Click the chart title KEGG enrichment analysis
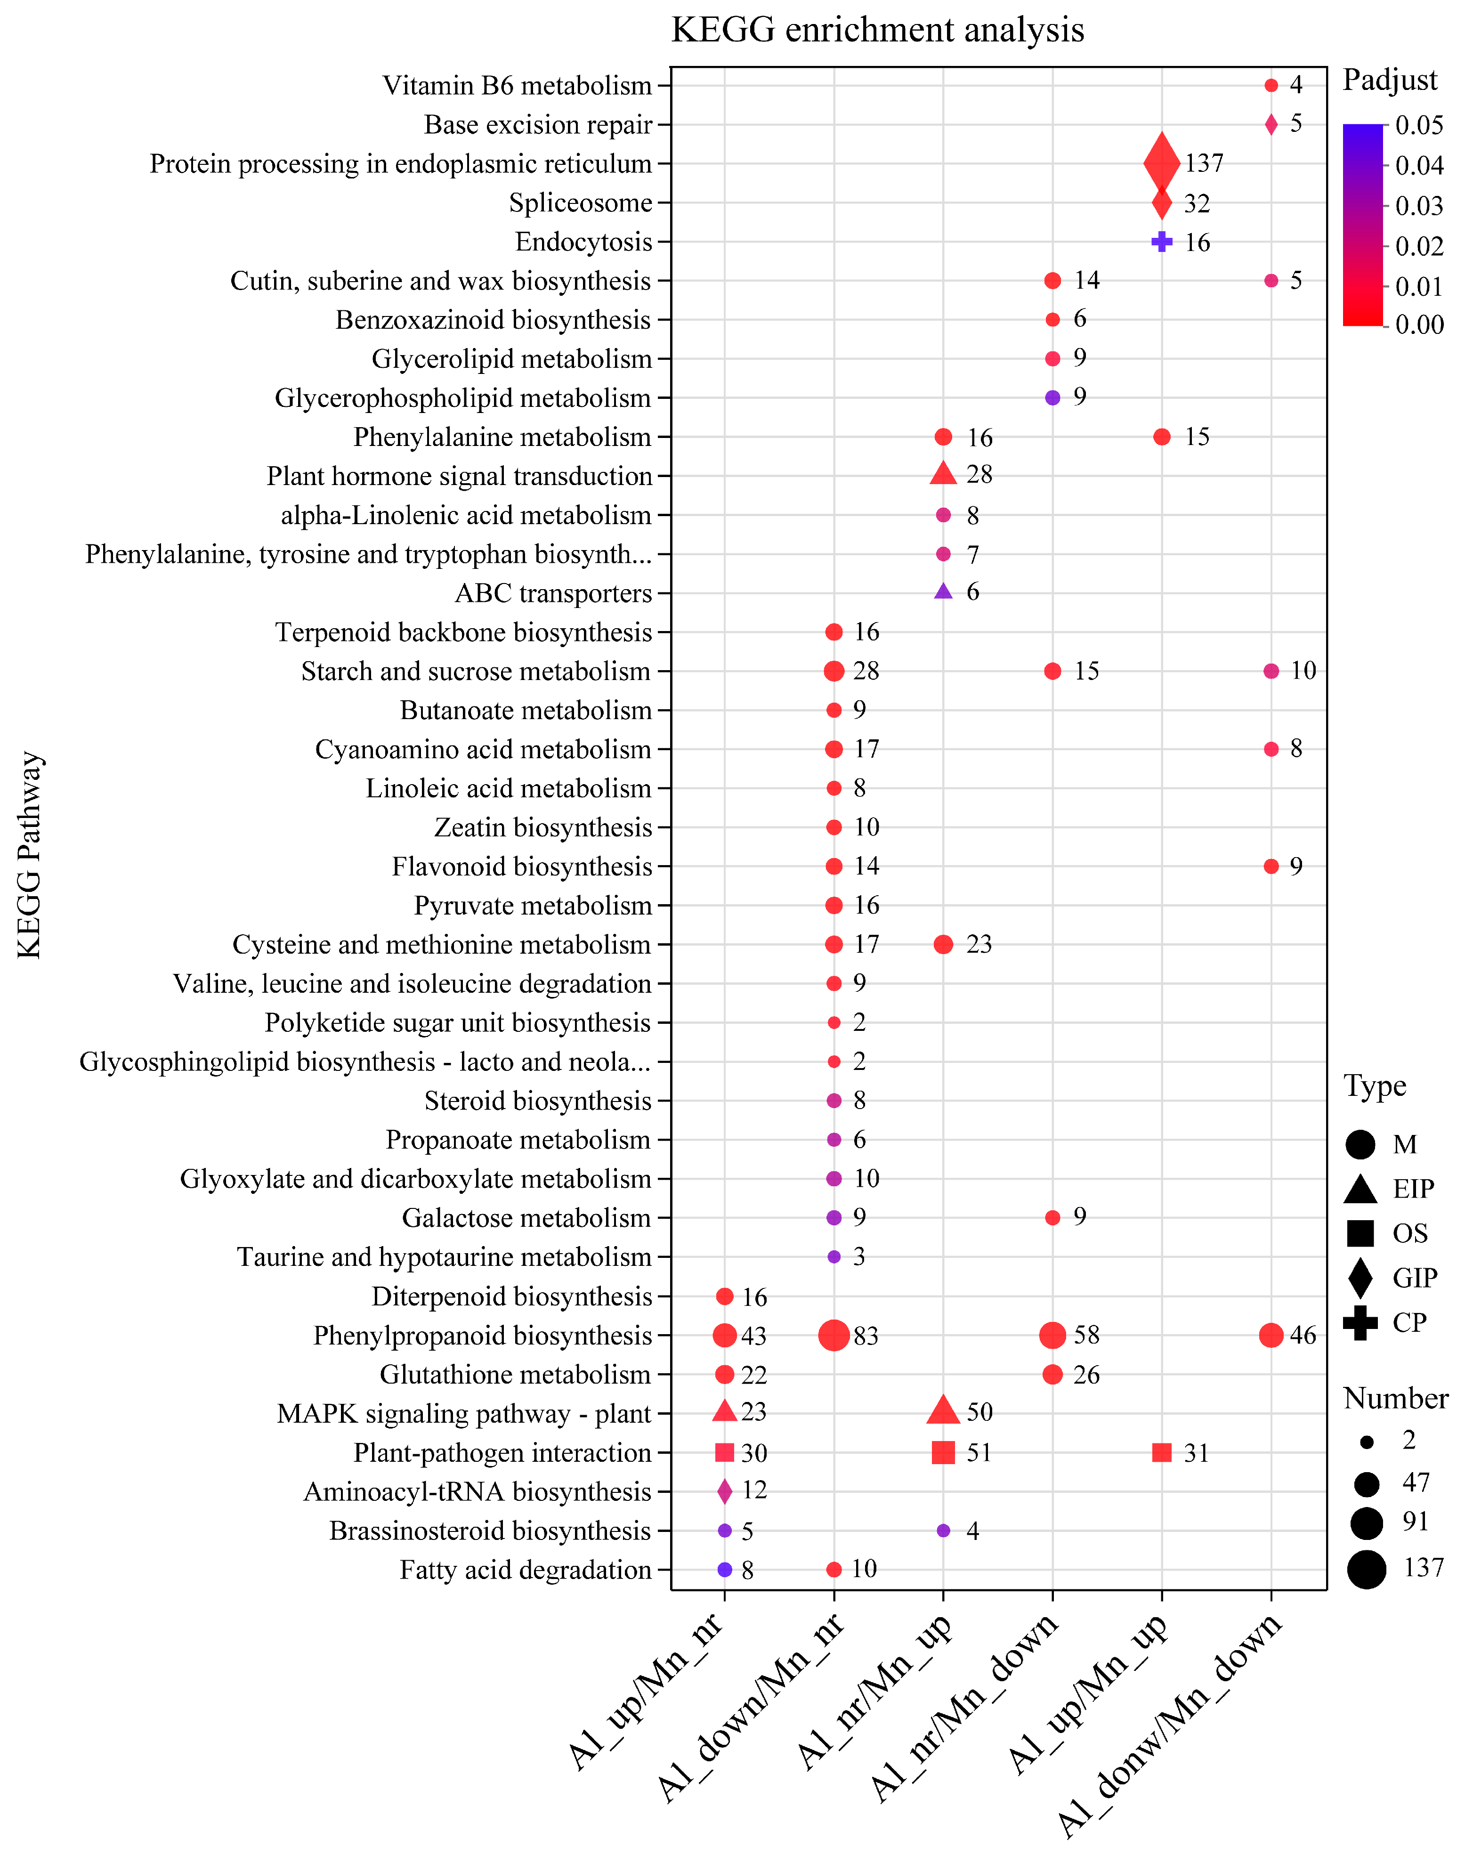pyautogui.click(x=877, y=30)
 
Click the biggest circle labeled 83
pyautogui.click(x=834, y=1335)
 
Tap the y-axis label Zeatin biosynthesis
pyautogui.click(x=543, y=827)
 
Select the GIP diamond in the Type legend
pyautogui.click(x=1360, y=1278)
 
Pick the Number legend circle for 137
pyautogui.click(x=1367, y=1569)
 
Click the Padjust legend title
pyautogui.click(x=1390, y=80)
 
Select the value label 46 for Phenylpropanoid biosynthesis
pyautogui.click(x=1303, y=1335)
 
